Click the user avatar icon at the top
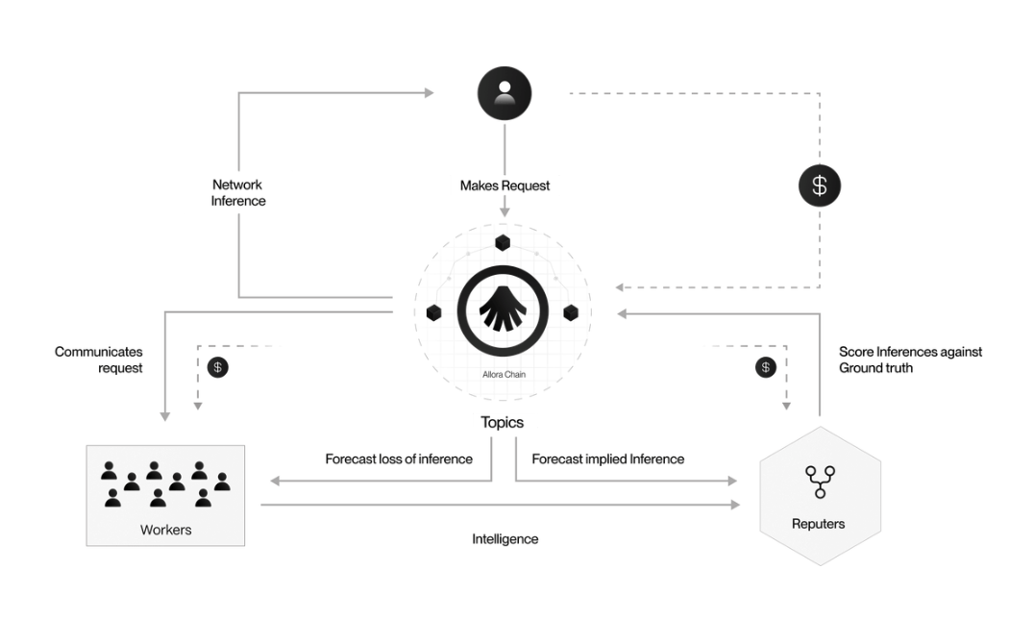tap(504, 93)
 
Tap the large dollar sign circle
tap(819, 186)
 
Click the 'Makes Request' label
tap(504, 186)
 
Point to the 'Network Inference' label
tap(238, 192)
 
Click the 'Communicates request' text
tap(99, 360)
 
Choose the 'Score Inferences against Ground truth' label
tap(910, 359)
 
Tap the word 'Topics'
tap(503, 422)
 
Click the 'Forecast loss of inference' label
tap(399, 458)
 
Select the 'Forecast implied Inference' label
tap(607, 458)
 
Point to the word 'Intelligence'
tap(504, 539)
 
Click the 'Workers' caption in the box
tap(165, 529)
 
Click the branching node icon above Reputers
tap(820, 481)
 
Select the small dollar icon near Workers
tap(219, 367)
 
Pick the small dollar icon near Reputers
tap(765, 367)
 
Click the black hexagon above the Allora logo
tap(503, 242)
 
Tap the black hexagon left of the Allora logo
tap(434, 312)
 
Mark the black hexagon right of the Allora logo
tap(571, 312)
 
